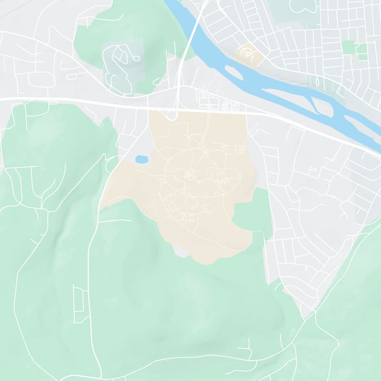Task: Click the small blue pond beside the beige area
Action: (x=141, y=159)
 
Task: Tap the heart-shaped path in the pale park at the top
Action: (x=303, y=6)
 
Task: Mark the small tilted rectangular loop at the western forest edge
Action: (x=98, y=122)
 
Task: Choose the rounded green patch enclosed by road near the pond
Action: (x=113, y=164)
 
